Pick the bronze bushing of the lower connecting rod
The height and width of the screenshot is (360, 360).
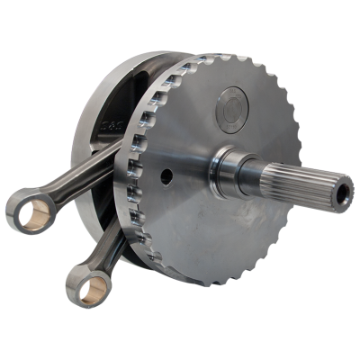coord(87,288)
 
